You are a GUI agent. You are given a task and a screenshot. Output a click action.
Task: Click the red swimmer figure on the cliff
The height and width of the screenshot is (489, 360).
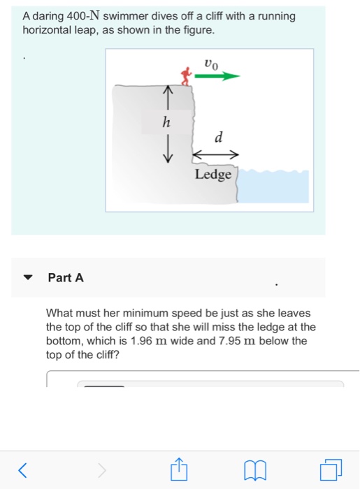[186, 75]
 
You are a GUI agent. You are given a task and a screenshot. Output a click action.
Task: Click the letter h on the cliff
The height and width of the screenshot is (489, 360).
[166, 122]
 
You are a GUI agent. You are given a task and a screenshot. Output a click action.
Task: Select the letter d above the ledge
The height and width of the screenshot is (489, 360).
[218, 138]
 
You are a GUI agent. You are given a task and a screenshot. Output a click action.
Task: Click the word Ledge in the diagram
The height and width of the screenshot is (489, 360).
[213, 174]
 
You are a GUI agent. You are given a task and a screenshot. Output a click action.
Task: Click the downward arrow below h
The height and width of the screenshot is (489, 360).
[166, 150]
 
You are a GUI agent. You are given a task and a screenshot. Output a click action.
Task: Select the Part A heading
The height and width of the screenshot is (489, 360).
[66, 277]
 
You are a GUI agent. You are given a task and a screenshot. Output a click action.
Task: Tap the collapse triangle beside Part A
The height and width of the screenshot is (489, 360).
[29, 278]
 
